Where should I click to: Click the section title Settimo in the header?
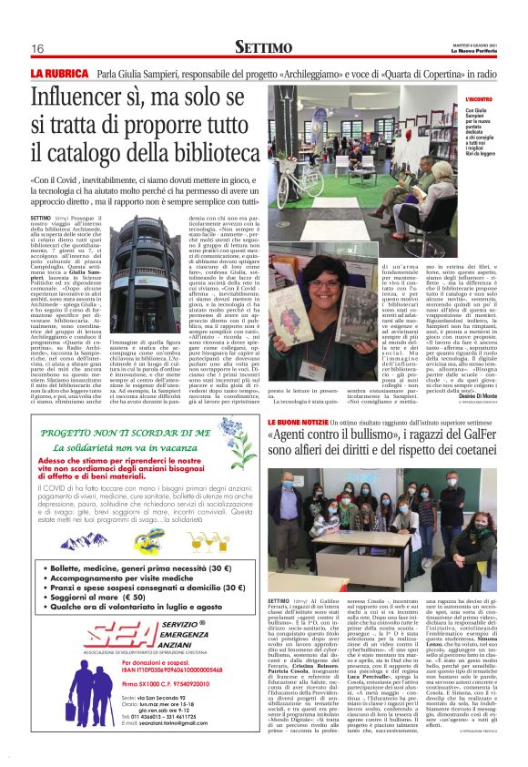[264, 46]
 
